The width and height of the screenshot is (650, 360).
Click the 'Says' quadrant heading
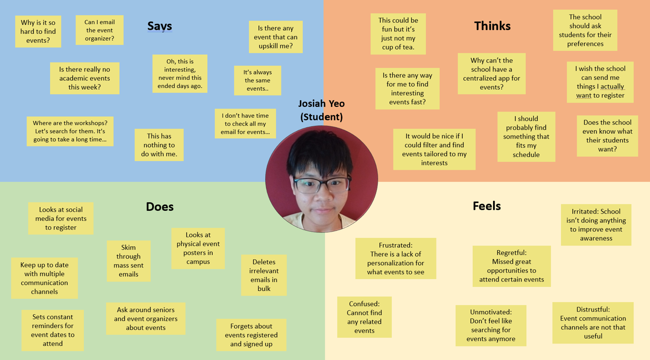click(x=160, y=26)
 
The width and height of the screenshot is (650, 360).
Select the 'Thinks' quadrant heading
click(x=492, y=26)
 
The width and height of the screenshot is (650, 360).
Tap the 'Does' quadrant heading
click(x=160, y=207)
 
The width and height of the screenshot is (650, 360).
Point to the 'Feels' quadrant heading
click(x=487, y=206)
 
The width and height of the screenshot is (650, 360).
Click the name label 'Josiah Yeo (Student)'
click(x=321, y=110)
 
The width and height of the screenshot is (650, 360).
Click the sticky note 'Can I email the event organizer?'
click(x=100, y=30)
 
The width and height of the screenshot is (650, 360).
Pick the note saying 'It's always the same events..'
click(x=257, y=80)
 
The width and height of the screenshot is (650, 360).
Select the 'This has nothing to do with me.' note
click(x=159, y=145)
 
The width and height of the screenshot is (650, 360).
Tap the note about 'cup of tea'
click(x=398, y=34)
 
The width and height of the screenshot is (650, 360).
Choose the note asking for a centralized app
click(x=492, y=73)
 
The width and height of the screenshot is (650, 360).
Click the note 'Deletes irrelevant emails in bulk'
click(x=264, y=275)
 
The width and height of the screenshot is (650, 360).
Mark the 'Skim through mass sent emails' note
click(x=129, y=261)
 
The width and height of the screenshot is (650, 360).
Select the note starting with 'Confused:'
click(x=364, y=317)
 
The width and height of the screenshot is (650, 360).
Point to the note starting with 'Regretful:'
click(x=512, y=266)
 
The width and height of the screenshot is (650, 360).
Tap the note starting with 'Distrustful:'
click(x=593, y=323)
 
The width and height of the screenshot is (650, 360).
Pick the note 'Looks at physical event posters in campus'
click(x=198, y=248)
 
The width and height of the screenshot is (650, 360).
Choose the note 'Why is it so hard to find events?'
click(x=38, y=31)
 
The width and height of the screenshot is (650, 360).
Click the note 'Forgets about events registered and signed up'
click(x=252, y=335)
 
